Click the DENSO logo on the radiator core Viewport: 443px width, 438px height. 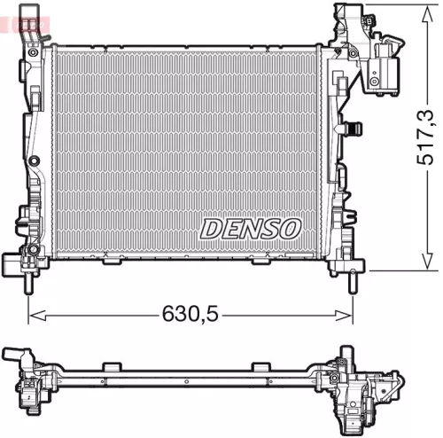click(250, 228)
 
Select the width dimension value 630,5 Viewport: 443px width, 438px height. click(190, 312)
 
